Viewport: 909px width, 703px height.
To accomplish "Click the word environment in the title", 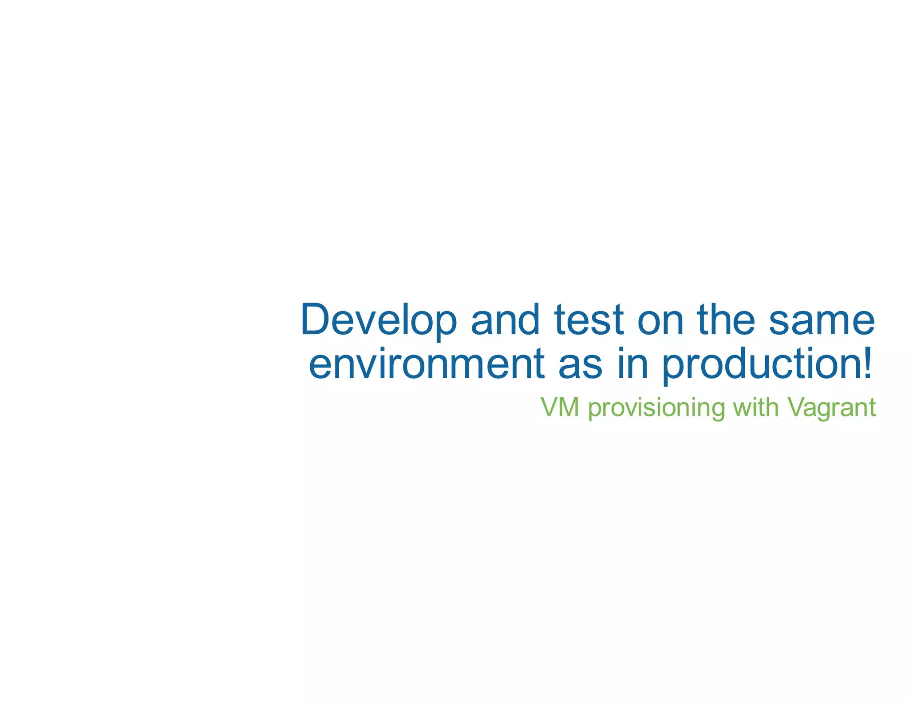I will tap(426, 364).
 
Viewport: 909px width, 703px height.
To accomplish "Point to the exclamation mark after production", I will tap(866, 363).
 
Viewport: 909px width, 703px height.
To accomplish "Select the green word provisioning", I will tap(656, 408).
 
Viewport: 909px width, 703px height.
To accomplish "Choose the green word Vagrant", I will tap(831, 407).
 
